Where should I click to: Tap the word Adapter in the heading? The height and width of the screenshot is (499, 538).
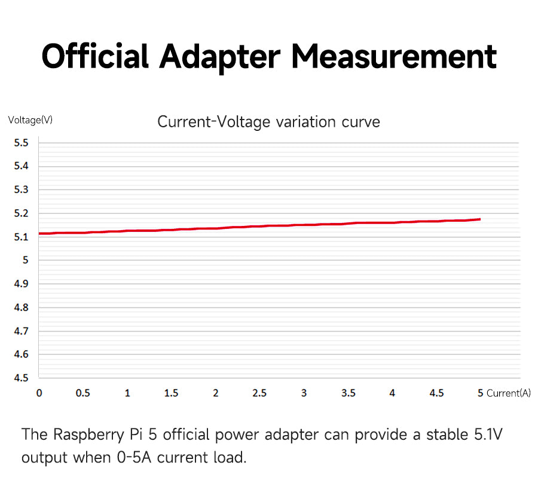pos(219,57)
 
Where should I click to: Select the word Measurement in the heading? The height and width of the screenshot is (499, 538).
pos(395,57)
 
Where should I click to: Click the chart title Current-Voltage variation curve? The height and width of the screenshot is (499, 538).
pos(268,122)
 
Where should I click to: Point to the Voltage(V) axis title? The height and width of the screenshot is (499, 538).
pos(30,120)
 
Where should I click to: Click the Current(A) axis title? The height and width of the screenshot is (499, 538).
pos(509,393)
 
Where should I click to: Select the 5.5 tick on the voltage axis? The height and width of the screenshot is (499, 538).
pos(21,143)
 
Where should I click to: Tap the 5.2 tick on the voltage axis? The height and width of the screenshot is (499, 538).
pos(21,213)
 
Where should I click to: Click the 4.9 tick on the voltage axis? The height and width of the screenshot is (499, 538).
pos(21,284)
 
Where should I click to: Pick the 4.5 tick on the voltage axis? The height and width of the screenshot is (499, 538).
pos(21,378)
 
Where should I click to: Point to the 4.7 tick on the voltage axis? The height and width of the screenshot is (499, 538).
pos(21,331)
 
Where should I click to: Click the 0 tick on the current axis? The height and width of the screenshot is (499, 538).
pos(39,393)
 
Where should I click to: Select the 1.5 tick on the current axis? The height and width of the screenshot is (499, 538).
pos(171,393)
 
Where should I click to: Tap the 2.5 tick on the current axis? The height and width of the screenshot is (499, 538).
pos(259,393)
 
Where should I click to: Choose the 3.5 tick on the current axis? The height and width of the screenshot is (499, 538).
pos(348,393)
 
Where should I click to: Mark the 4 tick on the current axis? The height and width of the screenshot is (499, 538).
pos(392,393)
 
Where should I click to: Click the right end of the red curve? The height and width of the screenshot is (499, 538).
pos(479,219)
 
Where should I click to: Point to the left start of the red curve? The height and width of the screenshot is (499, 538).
pos(40,233)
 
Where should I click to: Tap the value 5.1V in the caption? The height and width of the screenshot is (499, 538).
pos(488,434)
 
